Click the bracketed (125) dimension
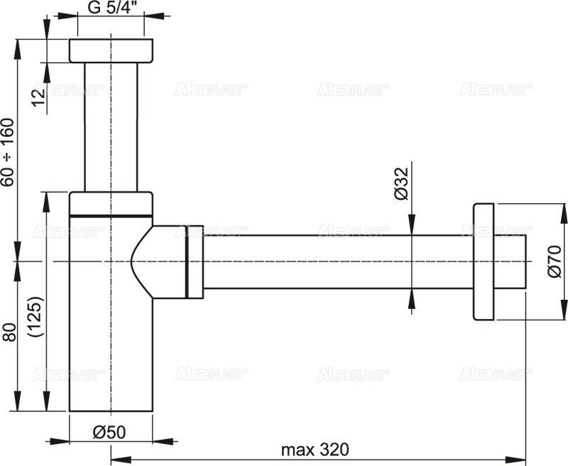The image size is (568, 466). tap(38, 317)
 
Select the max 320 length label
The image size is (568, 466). tap(315, 450)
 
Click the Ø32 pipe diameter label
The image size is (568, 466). tap(401, 186)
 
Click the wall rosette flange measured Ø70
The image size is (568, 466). tap(482, 261)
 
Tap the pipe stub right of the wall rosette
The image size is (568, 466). tap(510, 261)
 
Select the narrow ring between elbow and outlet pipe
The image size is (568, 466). tap(194, 261)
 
